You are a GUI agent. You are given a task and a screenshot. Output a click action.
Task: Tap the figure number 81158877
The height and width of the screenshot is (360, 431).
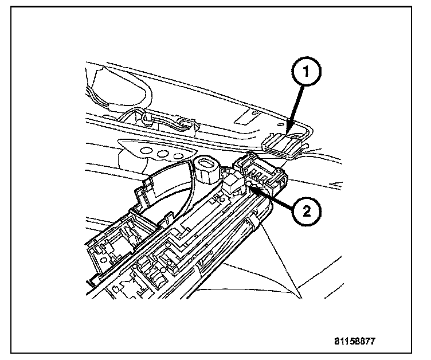[x=355, y=340]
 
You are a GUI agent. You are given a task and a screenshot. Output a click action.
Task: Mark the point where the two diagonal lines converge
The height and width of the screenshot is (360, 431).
[x=300, y=295]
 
